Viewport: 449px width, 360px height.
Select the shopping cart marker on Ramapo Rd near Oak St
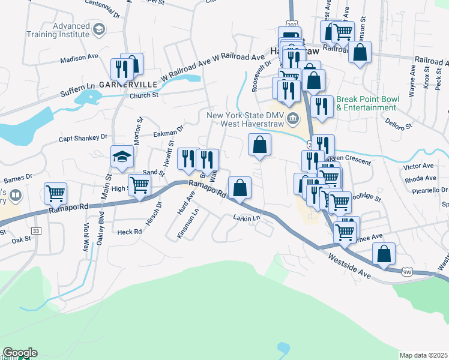[55, 194]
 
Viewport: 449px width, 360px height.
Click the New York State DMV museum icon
[292, 118]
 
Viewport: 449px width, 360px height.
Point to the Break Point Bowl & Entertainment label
[366, 103]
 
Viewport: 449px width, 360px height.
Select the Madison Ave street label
[79, 59]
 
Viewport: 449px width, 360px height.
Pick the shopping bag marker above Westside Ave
[384, 254]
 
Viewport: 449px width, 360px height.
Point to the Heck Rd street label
[130, 232]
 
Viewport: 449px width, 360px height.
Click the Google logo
[19, 353]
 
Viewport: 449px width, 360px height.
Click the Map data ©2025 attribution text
[423, 355]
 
